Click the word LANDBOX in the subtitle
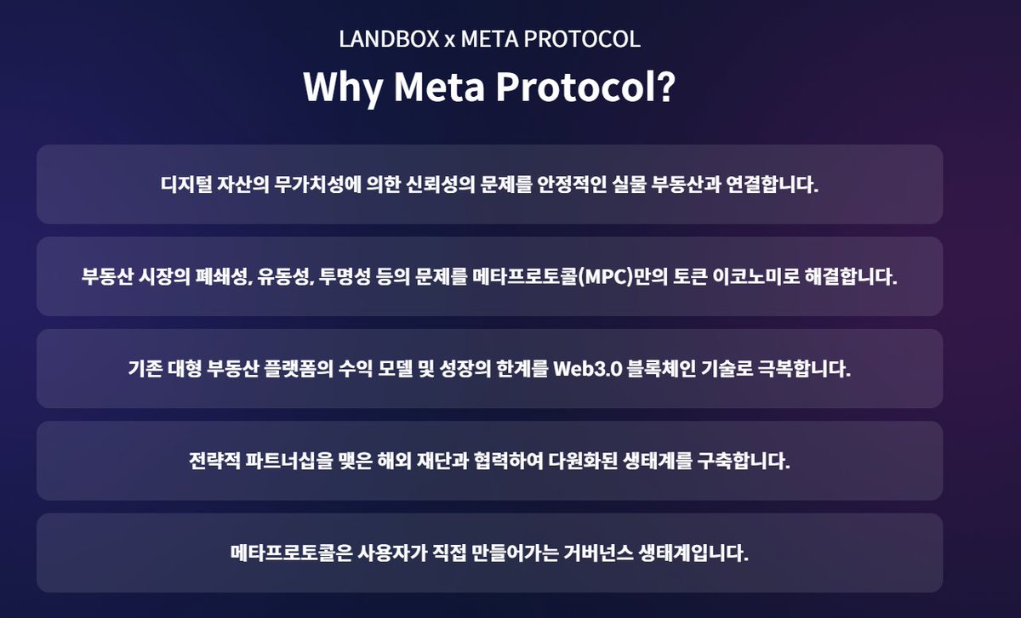click(388, 39)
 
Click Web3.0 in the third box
click(587, 370)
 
